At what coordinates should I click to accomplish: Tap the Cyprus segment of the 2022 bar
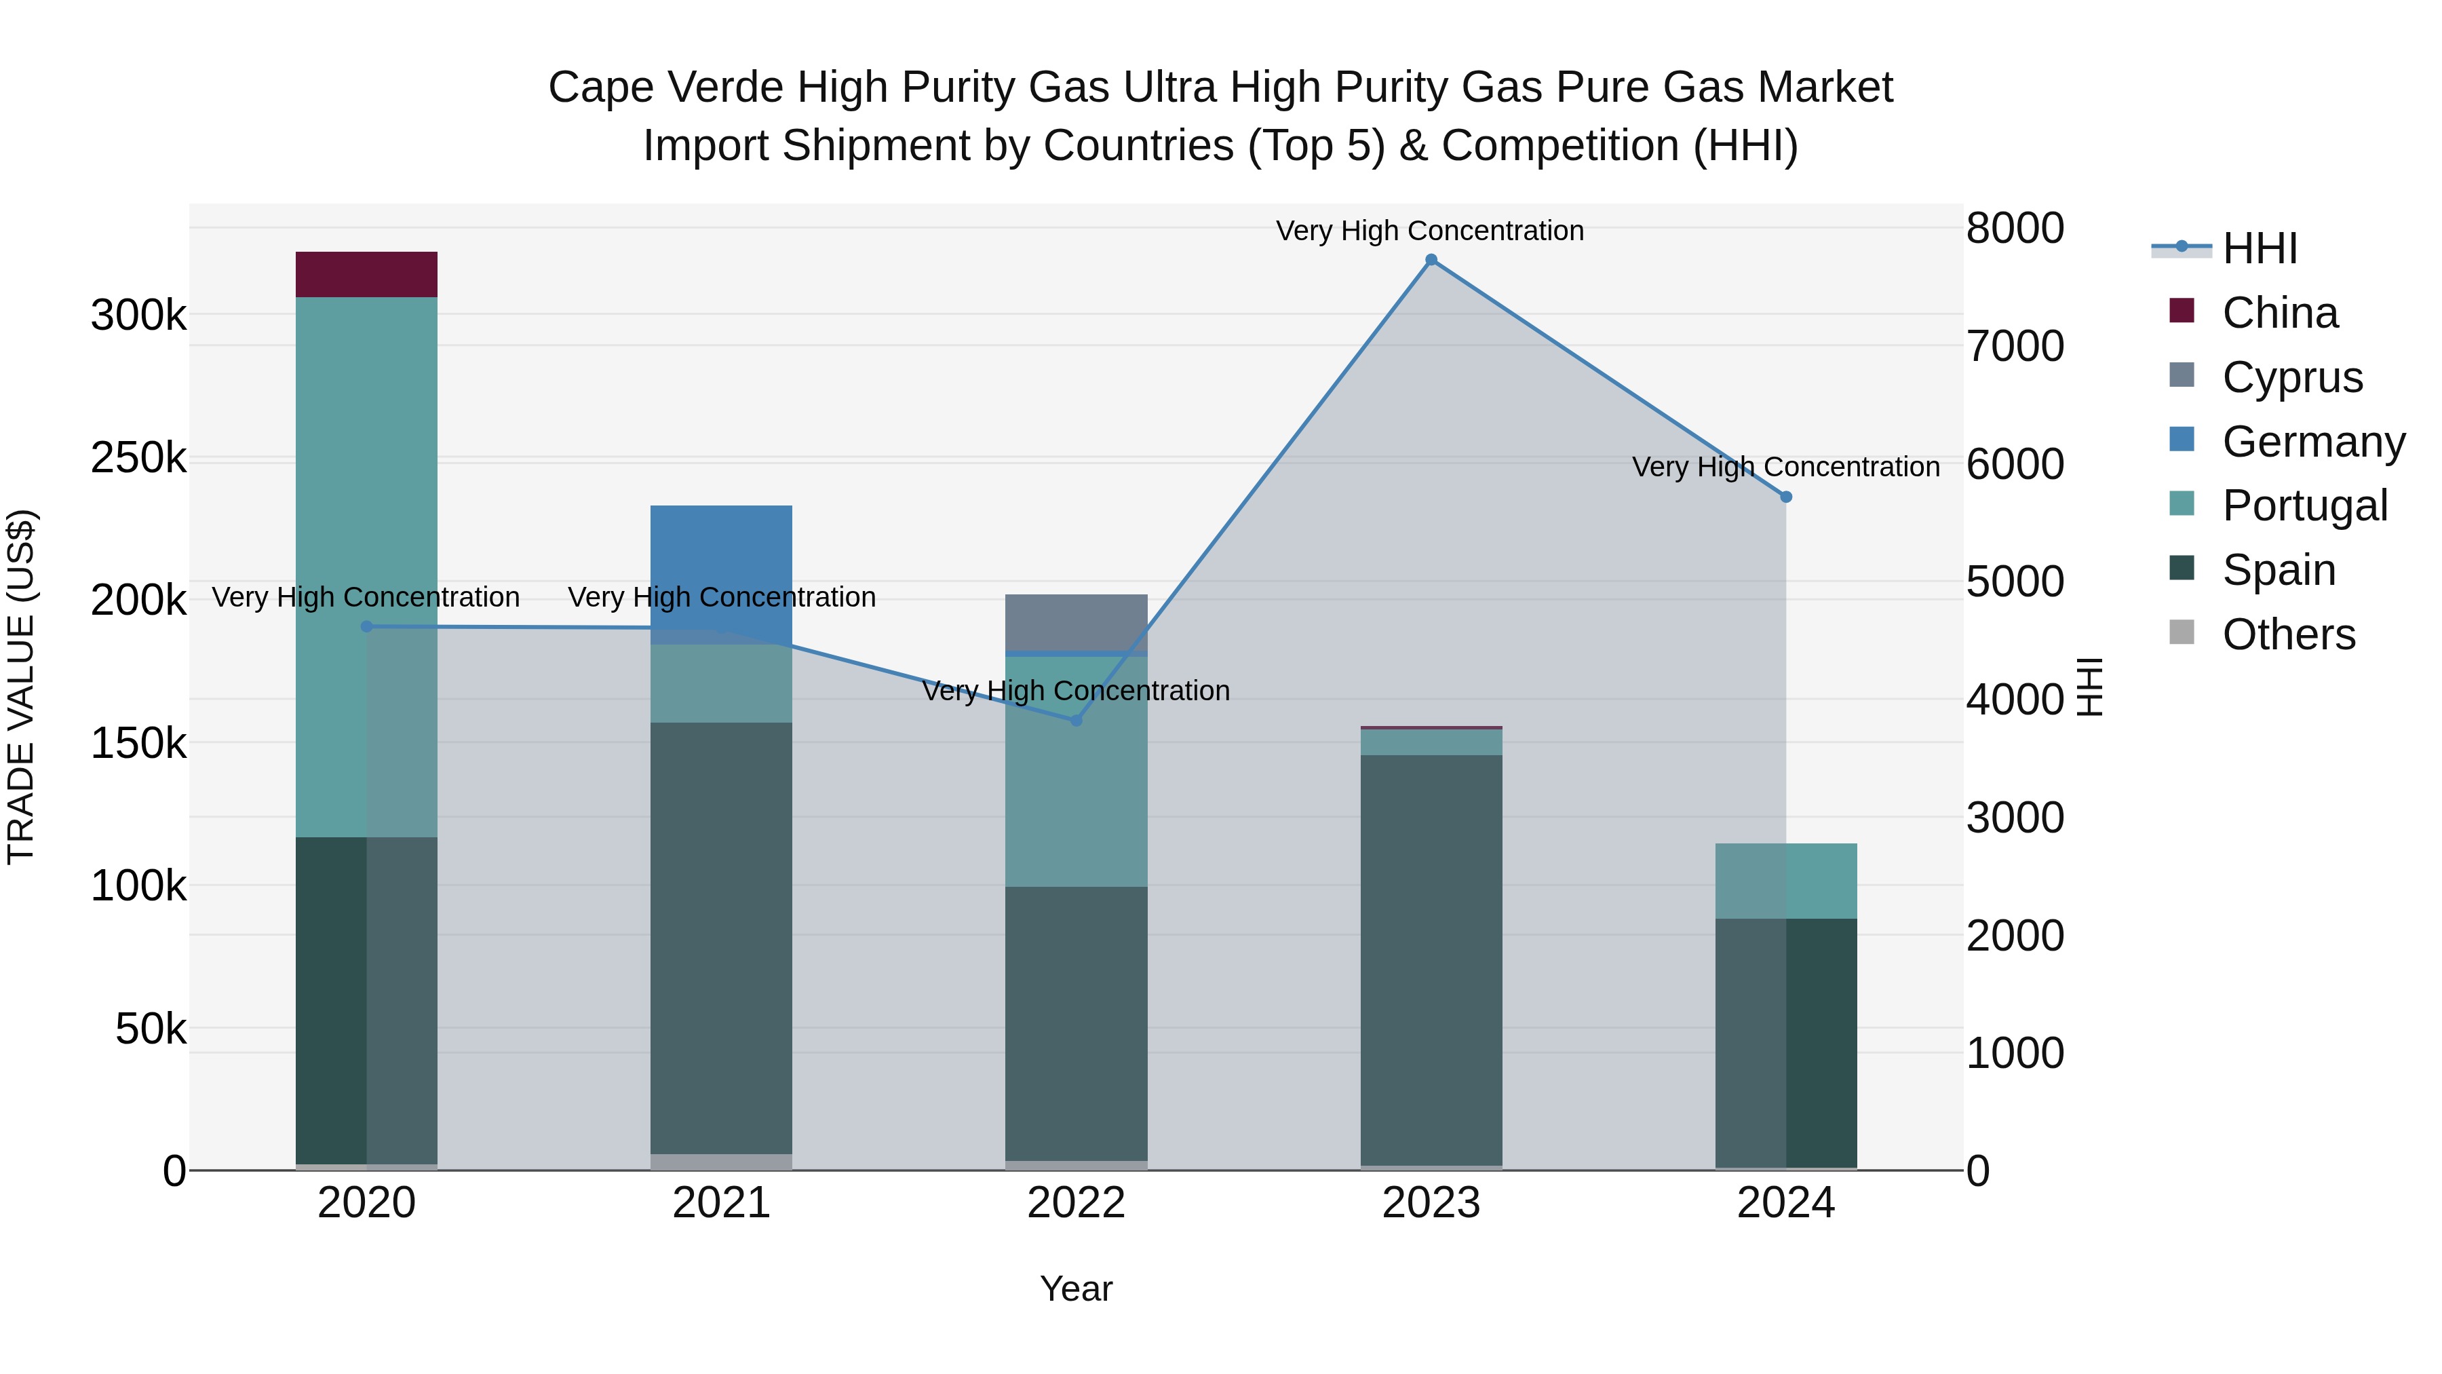point(1076,622)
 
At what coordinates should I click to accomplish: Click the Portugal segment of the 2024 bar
point(1786,880)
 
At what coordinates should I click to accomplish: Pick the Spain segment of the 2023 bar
point(1431,957)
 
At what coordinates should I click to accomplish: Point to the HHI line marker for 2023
point(1431,260)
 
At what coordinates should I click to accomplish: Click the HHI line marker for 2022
point(1076,721)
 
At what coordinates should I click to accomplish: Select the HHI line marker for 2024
point(1786,497)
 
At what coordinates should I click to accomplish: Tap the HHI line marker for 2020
point(367,627)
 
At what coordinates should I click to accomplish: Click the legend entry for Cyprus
point(2291,377)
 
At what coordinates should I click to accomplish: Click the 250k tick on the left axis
point(138,458)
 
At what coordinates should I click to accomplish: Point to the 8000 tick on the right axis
point(2015,229)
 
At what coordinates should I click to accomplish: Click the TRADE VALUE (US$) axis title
point(22,687)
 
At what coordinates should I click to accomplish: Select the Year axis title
point(1076,1289)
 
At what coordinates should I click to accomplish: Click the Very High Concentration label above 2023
point(1429,231)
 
